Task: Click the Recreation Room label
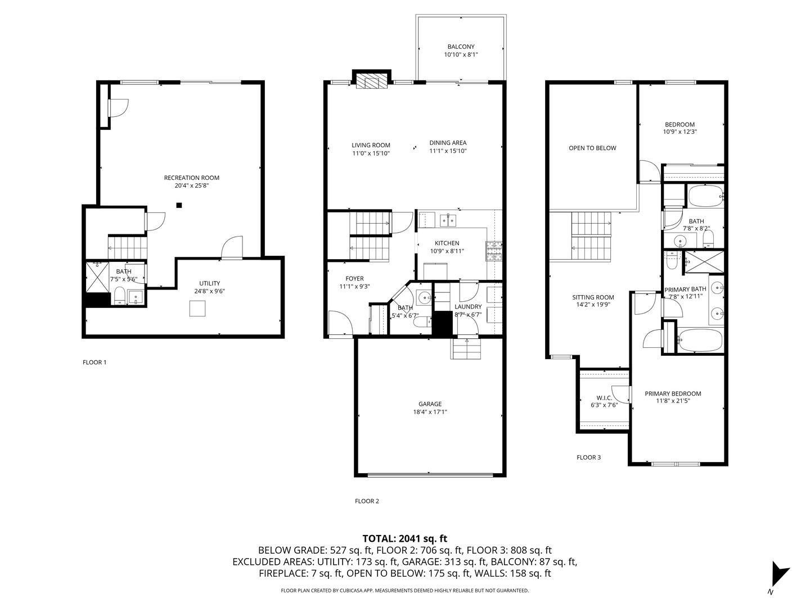[x=191, y=178]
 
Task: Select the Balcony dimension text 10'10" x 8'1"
[x=461, y=55]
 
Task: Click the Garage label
[x=430, y=404]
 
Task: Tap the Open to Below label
[x=592, y=148]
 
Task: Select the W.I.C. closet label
[x=604, y=397]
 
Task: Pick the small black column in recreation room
[x=179, y=205]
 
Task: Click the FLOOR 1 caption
[x=94, y=363]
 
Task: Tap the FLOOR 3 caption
[x=588, y=457]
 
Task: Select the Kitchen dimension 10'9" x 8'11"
[x=447, y=251]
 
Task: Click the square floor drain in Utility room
[x=197, y=309]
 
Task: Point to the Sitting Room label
[x=593, y=297]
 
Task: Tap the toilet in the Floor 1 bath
[x=119, y=295]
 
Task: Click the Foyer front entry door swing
[x=340, y=324]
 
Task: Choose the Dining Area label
[x=448, y=143]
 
